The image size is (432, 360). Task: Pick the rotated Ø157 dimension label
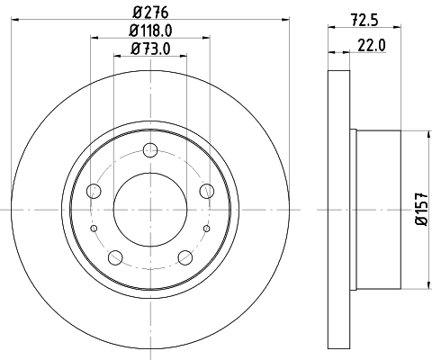419,209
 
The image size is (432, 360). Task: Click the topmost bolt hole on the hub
150,149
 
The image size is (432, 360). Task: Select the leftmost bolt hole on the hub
94,190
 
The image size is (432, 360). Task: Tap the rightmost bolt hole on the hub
206,190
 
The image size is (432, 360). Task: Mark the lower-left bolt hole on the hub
115,257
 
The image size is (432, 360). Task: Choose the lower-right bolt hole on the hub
185,257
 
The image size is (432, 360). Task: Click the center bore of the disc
150,208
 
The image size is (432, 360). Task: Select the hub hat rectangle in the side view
378,209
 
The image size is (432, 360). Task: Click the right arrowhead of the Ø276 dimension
282,18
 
